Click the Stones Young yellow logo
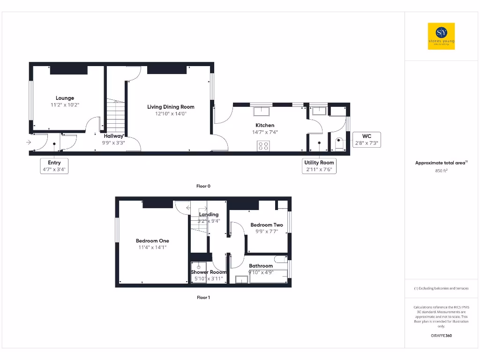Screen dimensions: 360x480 pyautogui.click(x=441, y=36)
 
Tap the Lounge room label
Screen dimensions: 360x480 pyautogui.click(x=65, y=98)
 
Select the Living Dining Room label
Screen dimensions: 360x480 pyautogui.click(x=171, y=107)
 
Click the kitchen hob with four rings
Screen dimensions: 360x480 pyautogui.click(x=263, y=146)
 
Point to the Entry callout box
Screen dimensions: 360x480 pyautogui.click(x=54, y=166)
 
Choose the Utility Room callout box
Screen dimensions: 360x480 pyautogui.click(x=319, y=166)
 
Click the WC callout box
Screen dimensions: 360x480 pyautogui.click(x=367, y=140)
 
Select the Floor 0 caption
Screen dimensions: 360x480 pyautogui.click(x=203, y=186)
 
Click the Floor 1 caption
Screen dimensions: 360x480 pyautogui.click(x=203, y=298)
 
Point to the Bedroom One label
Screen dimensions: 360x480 pyautogui.click(x=152, y=241)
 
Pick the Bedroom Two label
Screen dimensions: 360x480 pyautogui.click(x=267, y=225)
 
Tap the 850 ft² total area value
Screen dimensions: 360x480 pyautogui.click(x=441, y=171)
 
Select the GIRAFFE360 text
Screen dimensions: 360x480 pyautogui.click(x=441, y=336)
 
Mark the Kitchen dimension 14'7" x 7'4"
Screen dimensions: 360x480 pyautogui.click(x=264, y=132)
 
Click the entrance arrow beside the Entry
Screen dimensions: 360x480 pyautogui.click(x=29, y=142)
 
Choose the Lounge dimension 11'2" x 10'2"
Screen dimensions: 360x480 pyautogui.click(x=65, y=105)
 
